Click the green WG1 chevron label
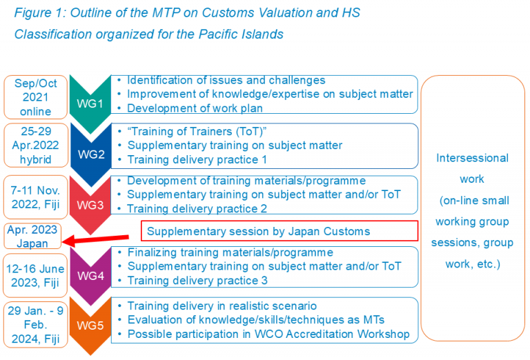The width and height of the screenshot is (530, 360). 90,103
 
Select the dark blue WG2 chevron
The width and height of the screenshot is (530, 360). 91,154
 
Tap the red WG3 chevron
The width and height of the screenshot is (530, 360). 90,205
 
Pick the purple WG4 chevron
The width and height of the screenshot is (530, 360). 90,276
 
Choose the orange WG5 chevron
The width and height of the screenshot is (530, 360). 90,326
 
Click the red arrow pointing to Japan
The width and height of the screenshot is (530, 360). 95,239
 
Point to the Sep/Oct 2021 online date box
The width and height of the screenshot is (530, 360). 35,97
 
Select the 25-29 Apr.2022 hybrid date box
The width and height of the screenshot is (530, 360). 36,146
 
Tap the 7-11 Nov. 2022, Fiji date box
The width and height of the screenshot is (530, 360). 35,197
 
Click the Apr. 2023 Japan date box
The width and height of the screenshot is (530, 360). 32,236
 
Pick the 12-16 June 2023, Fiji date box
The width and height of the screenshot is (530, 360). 35,276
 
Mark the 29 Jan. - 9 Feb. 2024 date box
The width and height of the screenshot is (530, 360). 35,325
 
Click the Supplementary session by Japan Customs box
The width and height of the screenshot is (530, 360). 279,231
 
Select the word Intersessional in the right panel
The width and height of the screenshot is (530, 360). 472,158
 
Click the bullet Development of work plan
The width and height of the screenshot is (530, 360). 195,108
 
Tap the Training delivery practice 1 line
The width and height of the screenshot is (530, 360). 197,159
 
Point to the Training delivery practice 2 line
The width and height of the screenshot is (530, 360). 197,209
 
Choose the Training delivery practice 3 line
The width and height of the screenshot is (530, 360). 197,280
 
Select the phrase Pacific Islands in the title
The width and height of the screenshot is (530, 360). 241,34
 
